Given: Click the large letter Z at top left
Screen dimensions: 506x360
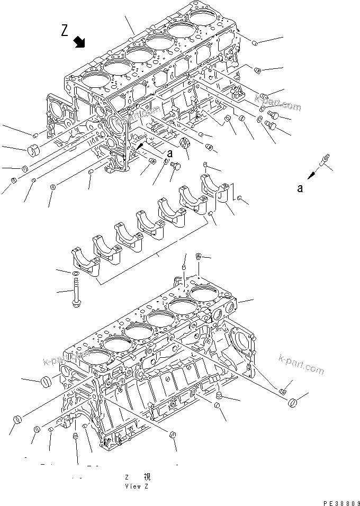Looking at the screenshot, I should click(x=64, y=31).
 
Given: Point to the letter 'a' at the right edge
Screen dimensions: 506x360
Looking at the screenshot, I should click(x=300, y=188).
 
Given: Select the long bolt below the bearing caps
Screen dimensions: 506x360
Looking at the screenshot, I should click(x=76, y=293).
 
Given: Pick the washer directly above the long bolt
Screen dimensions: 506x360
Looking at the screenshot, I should click(x=75, y=272).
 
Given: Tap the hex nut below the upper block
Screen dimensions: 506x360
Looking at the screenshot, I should click(x=185, y=142).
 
